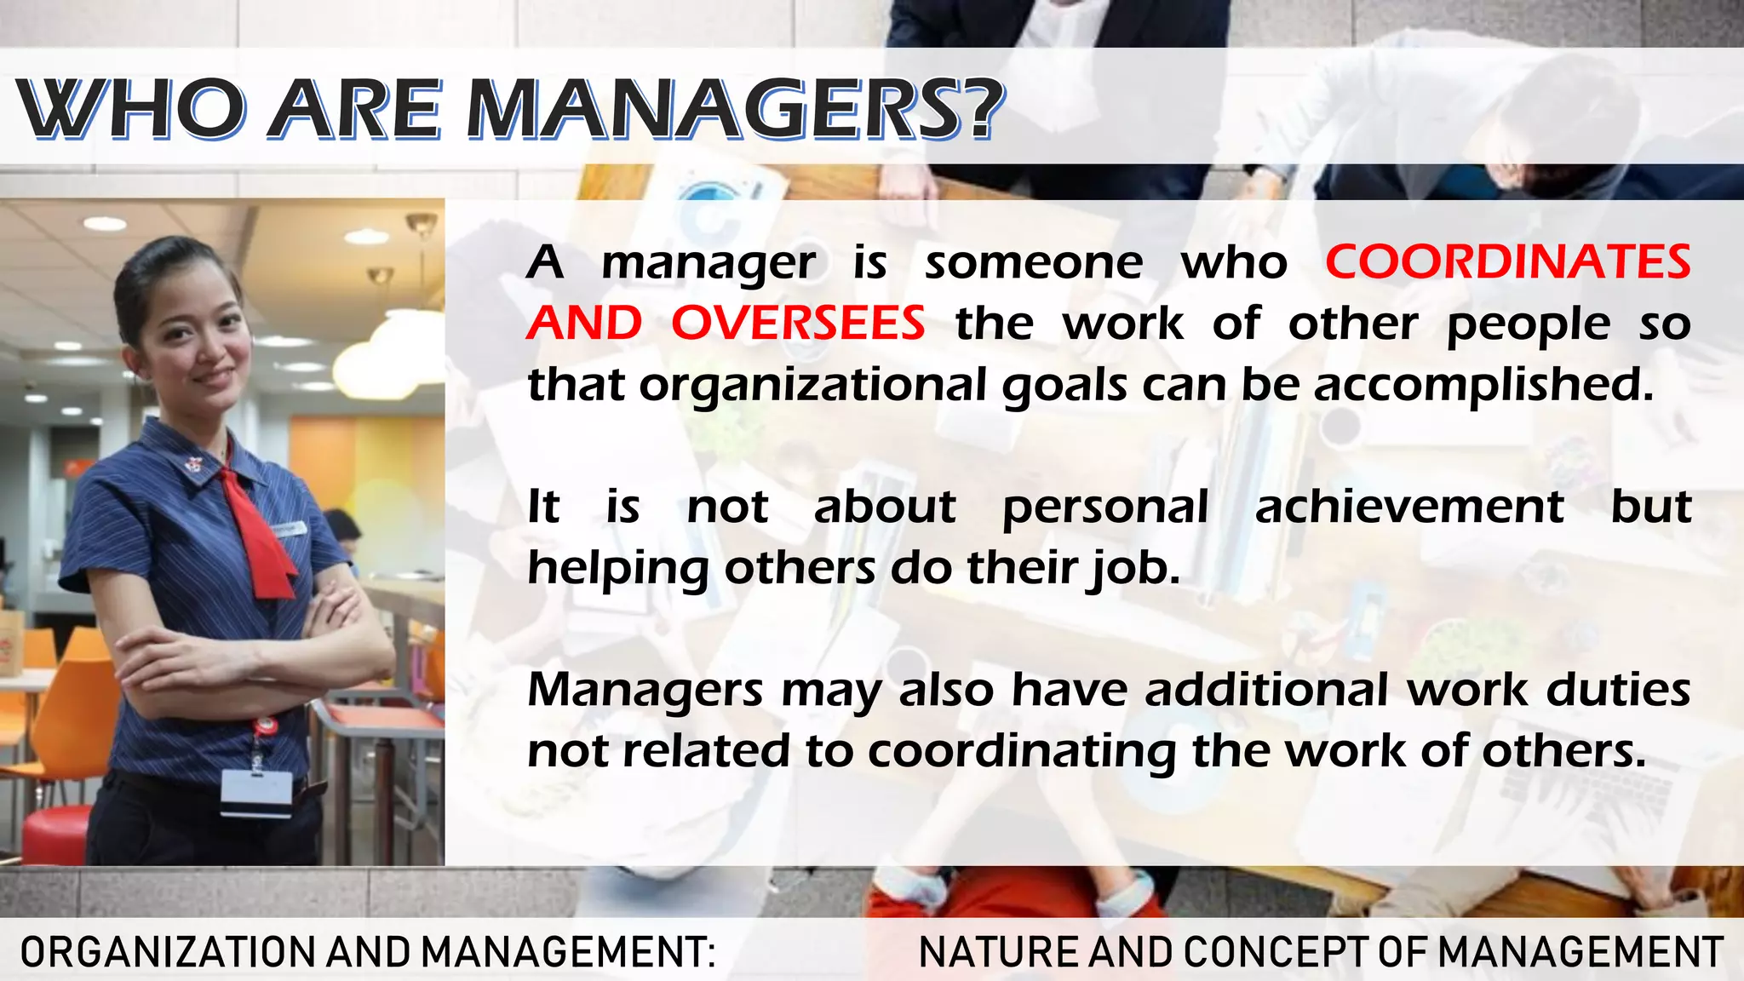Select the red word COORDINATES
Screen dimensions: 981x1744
click(1508, 261)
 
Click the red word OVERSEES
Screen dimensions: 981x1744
click(798, 324)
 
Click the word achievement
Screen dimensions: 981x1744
click(1409, 507)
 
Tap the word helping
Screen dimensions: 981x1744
click(618, 569)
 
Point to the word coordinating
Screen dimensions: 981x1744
click(1021, 751)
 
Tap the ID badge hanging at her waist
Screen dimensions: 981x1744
click(256, 793)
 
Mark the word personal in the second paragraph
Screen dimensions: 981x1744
click(1105, 508)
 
